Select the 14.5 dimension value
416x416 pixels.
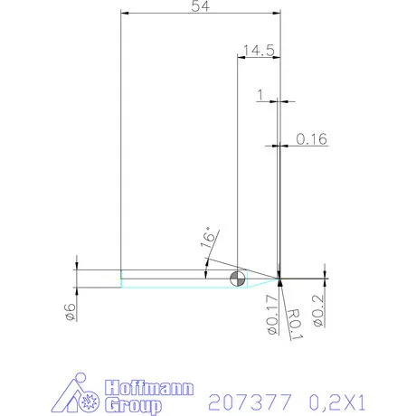(x=258, y=51)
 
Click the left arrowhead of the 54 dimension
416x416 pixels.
(x=124, y=14)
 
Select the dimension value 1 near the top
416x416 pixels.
(x=260, y=94)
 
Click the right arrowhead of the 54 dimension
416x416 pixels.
(x=276, y=14)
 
